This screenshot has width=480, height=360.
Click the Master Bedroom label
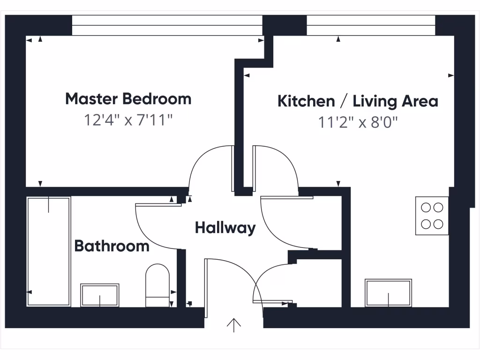pos(128,99)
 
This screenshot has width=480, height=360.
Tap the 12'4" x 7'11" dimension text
pos(128,120)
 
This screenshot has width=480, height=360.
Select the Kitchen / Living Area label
pos(358,101)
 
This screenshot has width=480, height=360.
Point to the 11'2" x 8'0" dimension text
pos(358,123)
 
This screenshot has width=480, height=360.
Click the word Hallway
pos(225,228)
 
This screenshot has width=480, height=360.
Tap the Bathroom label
pos(112,246)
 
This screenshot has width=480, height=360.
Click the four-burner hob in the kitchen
pos(432,216)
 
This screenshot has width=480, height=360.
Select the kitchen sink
pos(388,293)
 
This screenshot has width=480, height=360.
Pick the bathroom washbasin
pos(100,295)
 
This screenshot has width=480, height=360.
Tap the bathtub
pos(49,251)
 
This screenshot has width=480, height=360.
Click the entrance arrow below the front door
pos(233,324)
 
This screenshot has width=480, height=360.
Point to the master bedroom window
pos(167,25)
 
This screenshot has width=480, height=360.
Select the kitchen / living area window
pos(371,25)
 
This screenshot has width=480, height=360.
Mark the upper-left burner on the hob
pos(426,207)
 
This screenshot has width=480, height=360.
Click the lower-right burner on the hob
pos(438,224)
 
